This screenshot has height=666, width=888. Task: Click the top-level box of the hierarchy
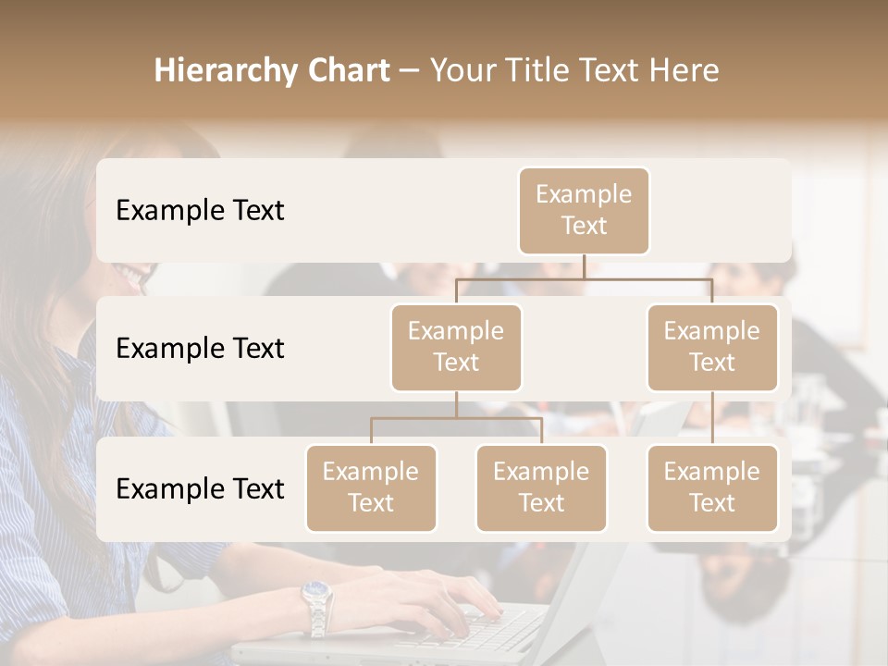(x=584, y=210)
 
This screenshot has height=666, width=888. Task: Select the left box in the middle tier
(x=456, y=347)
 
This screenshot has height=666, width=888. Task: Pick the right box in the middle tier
(x=712, y=347)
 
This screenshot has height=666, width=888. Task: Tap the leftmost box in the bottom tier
(x=371, y=487)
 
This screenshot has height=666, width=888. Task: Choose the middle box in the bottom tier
(x=541, y=487)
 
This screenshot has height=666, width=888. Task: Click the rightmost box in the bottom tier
(x=712, y=487)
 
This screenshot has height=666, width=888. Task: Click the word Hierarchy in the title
(x=221, y=71)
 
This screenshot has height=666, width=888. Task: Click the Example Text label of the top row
(x=200, y=210)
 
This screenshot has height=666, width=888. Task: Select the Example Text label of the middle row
(x=200, y=348)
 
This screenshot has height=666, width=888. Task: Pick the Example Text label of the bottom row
(x=200, y=488)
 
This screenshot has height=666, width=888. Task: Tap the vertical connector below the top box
(x=584, y=266)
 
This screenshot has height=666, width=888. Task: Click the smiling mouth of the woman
(x=134, y=274)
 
